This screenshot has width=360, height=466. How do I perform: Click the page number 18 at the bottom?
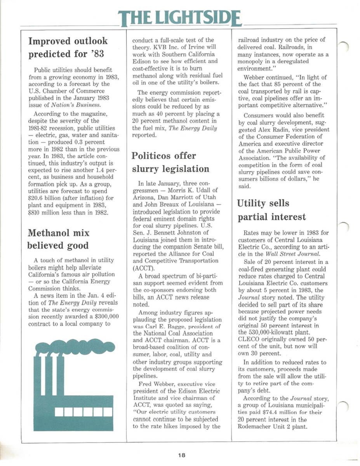click(x=182, y=455)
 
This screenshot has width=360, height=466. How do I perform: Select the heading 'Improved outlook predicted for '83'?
click(x=68, y=47)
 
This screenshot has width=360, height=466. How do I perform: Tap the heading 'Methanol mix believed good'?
click(x=58, y=239)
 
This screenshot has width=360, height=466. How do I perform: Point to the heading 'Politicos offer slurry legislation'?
click(x=170, y=162)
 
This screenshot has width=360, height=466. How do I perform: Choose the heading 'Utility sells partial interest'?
click(x=271, y=210)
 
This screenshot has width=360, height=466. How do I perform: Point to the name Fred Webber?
click(x=158, y=384)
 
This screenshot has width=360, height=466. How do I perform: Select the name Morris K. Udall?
click(x=193, y=189)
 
